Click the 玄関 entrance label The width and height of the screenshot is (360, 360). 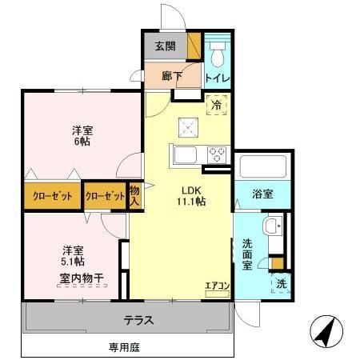(165, 46)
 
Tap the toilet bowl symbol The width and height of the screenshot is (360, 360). (216, 51)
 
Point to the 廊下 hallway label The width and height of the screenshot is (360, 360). (171, 76)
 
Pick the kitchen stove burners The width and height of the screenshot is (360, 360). (216, 154)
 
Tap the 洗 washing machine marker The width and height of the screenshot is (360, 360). (282, 283)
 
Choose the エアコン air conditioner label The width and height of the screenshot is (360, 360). (217, 286)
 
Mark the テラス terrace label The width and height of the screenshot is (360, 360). (138, 320)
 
